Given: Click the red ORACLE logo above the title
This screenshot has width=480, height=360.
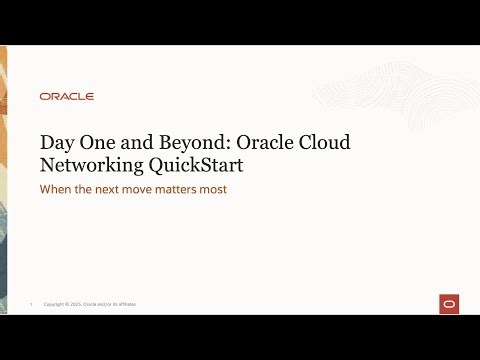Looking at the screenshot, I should point(67,97).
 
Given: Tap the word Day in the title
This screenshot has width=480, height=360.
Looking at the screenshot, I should point(56,143).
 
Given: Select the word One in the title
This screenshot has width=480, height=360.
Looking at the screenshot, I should point(95,143).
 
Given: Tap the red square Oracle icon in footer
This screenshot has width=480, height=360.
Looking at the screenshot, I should point(449,304).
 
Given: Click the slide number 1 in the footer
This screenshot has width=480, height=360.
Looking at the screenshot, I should point(32,304).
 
